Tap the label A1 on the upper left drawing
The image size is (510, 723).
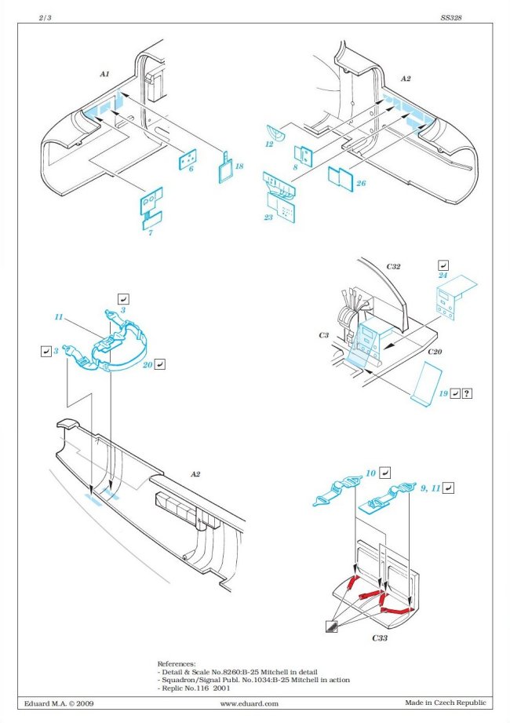click(x=104, y=73)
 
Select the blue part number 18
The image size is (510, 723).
click(x=239, y=166)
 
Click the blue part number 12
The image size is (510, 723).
click(x=268, y=144)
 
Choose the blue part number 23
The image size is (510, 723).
click(x=268, y=217)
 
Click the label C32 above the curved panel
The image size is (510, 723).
click(x=393, y=266)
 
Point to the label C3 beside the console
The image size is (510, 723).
click(x=324, y=335)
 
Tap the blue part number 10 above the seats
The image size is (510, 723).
click(x=370, y=473)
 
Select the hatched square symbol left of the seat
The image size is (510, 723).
click(x=333, y=626)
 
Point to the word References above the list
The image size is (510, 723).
click(x=177, y=663)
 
